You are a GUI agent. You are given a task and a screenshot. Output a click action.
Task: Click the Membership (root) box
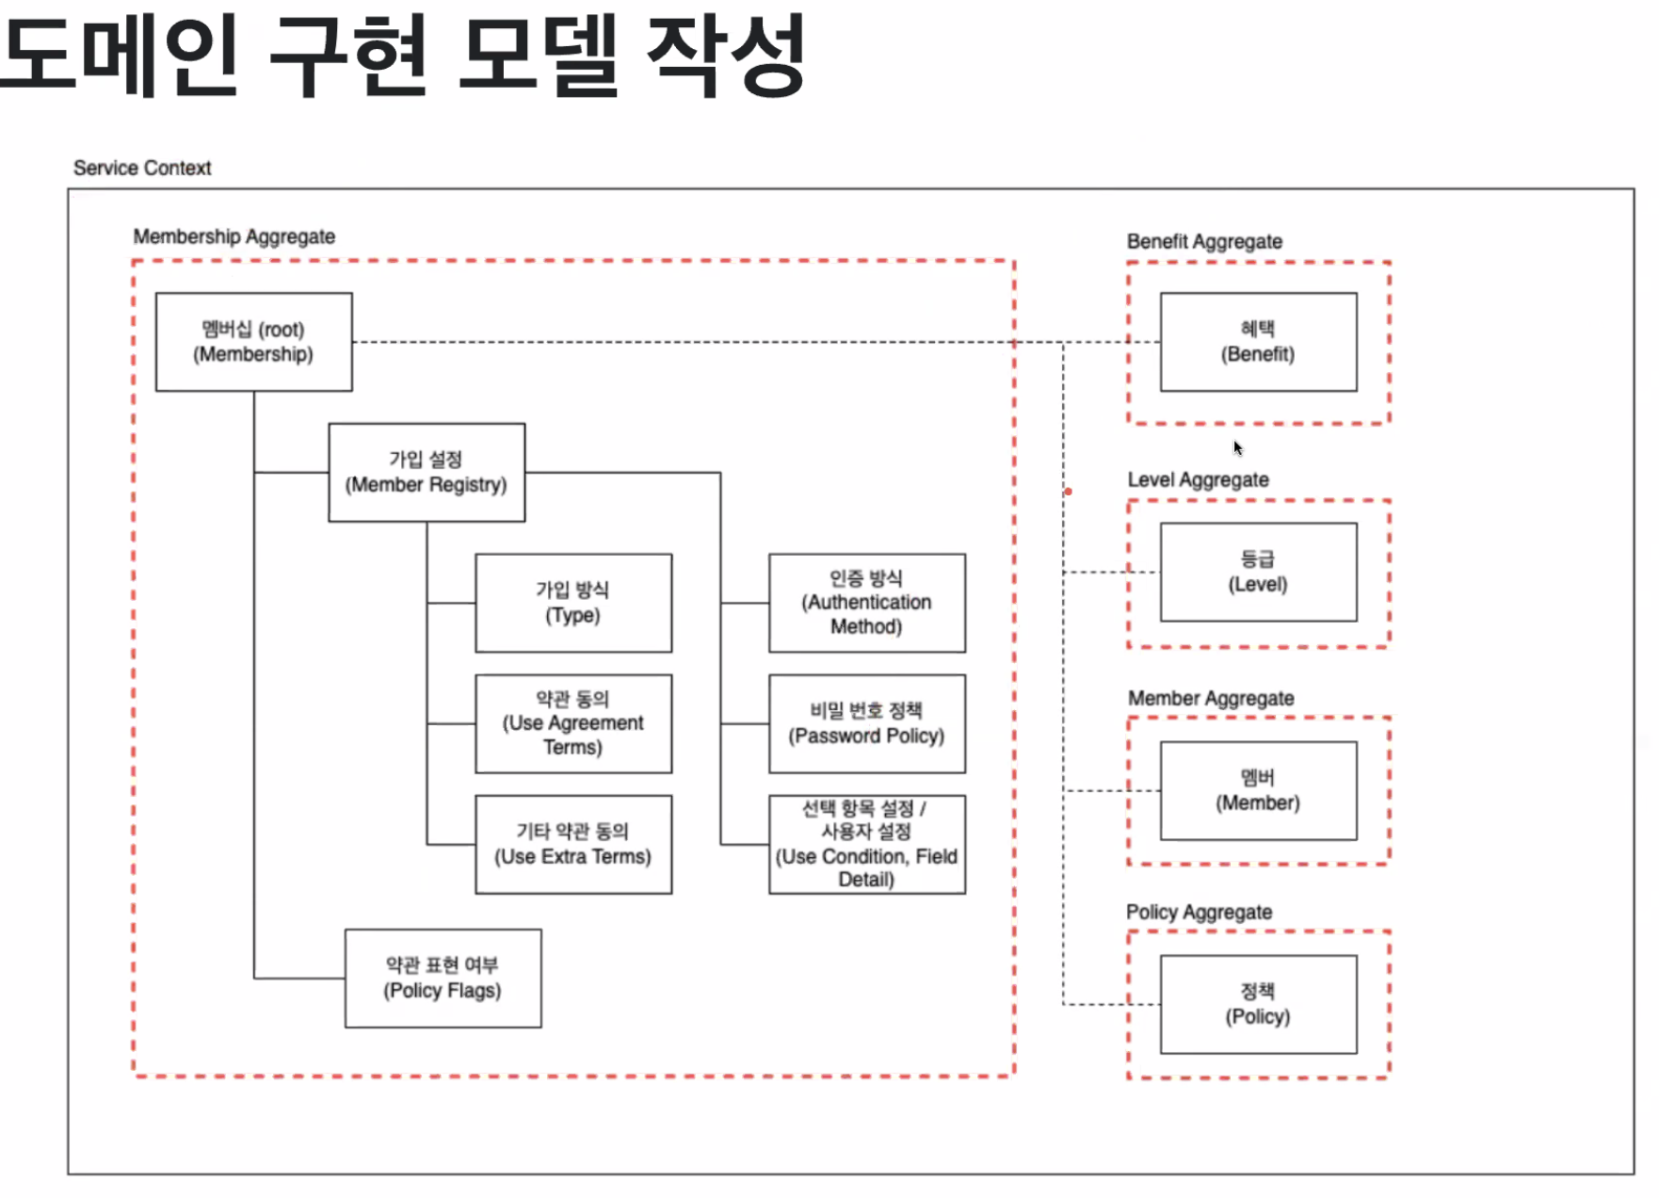click(253, 342)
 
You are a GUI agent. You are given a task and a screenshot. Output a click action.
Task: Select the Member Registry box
click(426, 473)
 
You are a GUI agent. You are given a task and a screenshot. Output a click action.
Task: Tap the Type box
click(572, 603)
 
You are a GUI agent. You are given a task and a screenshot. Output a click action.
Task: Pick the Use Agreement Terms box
click(572, 723)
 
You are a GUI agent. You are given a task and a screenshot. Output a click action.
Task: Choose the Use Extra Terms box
click(572, 844)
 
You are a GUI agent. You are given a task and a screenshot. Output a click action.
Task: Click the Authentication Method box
click(866, 603)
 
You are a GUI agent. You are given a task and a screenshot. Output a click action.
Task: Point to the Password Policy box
click(866, 723)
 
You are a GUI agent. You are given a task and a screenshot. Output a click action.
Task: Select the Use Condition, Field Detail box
click(866, 844)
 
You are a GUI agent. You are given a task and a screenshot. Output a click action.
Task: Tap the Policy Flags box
click(443, 978)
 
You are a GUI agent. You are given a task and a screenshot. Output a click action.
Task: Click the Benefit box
click(1258, 342)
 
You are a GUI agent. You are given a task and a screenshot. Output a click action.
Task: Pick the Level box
click(1258, 572)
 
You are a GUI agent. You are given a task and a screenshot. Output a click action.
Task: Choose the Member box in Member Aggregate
click(1258, 790)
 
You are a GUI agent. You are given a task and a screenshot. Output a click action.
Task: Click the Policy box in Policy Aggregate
click(1258, 1004)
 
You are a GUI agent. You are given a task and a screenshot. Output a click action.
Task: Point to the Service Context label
click(142, 168)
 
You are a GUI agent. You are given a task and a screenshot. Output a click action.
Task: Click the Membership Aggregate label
click(234, 236)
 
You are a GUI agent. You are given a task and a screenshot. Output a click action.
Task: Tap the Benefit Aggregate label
click(1204, 241)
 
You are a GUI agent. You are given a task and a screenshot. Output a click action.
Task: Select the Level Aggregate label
click(1198, 479)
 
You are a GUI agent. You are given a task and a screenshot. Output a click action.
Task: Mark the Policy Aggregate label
click(1199, 912)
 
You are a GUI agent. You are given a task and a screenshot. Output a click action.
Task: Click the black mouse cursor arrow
click(1238, 448)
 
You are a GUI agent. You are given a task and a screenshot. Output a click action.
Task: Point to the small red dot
click(1068, 492)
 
